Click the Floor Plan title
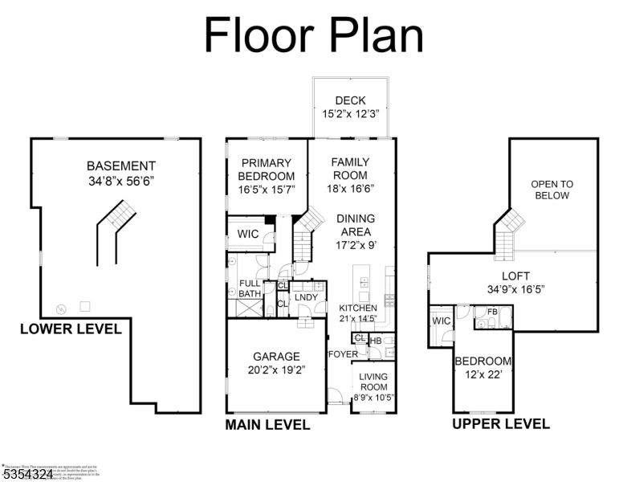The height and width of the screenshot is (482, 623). [x=313, y=35]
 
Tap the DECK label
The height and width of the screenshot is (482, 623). [x=350, y=100]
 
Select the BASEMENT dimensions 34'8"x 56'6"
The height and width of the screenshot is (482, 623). [x=121, y=181]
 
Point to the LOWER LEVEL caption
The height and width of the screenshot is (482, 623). [x=71, y=329]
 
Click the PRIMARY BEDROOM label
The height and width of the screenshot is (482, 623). [x=267, y=170]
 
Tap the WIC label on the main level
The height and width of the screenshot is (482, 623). [x=246, y=234]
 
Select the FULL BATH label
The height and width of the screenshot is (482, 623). [x=250, y=288]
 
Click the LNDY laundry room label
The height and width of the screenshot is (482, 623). [x=306, y=297]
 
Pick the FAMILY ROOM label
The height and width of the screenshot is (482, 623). [x=350, y=168]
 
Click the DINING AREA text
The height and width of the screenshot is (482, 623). [x=355, y=225]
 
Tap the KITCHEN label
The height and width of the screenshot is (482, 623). [x=357, y=308]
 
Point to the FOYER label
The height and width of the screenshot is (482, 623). [x=342, y=354]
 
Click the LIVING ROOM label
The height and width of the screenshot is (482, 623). [x=373, y=382]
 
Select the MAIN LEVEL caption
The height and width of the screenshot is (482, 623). [x=267, y=424]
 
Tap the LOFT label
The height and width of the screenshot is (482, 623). [x=515, y=276]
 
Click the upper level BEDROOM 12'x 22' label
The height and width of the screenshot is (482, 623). [x=483, y=361]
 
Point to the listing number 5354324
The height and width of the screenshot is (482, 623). [x=28, y=475]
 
